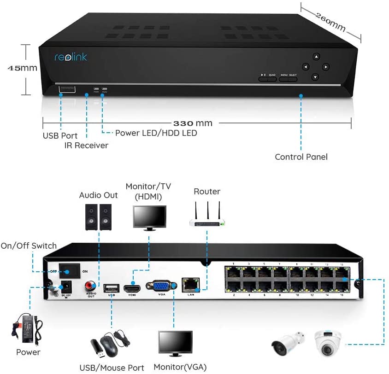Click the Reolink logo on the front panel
coord(71,57)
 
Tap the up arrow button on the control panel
coord(316,57)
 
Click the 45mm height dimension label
coord(22,68)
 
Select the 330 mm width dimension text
coord(193,123)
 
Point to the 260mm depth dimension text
coord(330,21)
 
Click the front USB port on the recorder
coord(67,88)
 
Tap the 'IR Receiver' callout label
coord(86,146)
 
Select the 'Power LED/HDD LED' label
coord(156,133)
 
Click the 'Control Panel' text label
coord(301,157)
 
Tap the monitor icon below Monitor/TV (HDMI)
coord(149,217)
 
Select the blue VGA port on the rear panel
coord(161,286)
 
